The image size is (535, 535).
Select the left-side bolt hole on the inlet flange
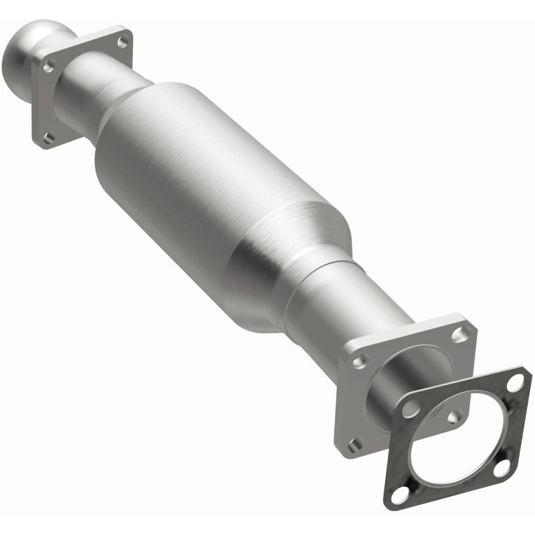49,65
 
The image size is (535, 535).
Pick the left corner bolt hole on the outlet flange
360,361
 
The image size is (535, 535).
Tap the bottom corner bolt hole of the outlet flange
355,443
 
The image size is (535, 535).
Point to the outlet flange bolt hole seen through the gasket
454,416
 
